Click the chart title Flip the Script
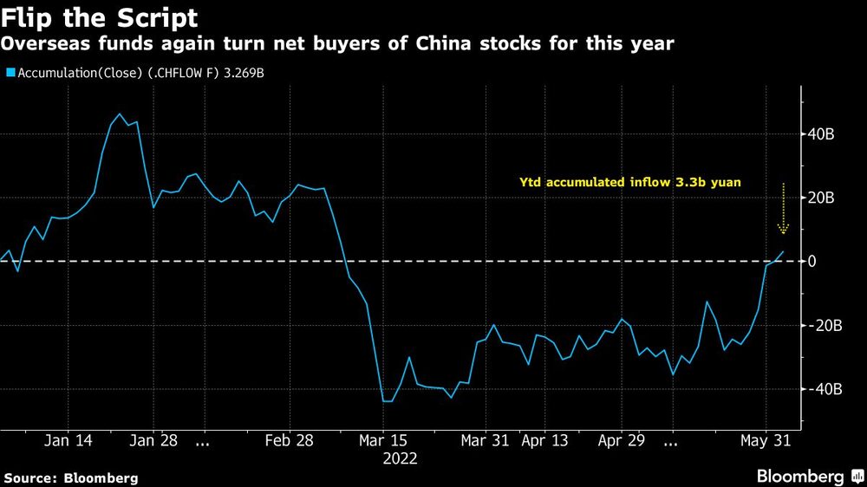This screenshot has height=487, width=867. pyautogui.click(x=99, y=18)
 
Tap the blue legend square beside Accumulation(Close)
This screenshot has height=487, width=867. pyautogui.click(x=9, y=73)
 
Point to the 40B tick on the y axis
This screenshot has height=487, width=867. pyautogui.click(x=822, y=134)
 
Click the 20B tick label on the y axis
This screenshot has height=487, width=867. pyautogui.click(x=822, y=198)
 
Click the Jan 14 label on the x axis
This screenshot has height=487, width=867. pyautogui.click(x=68, y=440)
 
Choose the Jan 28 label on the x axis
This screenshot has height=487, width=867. pyautogui.click(x=153, y=440)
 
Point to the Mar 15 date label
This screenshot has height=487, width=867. pyautogui.click(x=382, y=440)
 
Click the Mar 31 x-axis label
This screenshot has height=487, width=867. pyautogui.click(x=486, y=440)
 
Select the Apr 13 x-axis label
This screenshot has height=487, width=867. pyautogui.click(x=545, y=440)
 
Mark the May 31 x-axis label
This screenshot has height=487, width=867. pyautogui.click(x=766, y=440)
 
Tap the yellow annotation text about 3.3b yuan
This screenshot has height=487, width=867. pyautogui.click(x=630, y=183)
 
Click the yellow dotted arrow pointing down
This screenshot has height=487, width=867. pyautogui.click(x=783, y=209)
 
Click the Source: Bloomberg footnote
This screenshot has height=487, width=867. pyautogui.click(x=71, y=477)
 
